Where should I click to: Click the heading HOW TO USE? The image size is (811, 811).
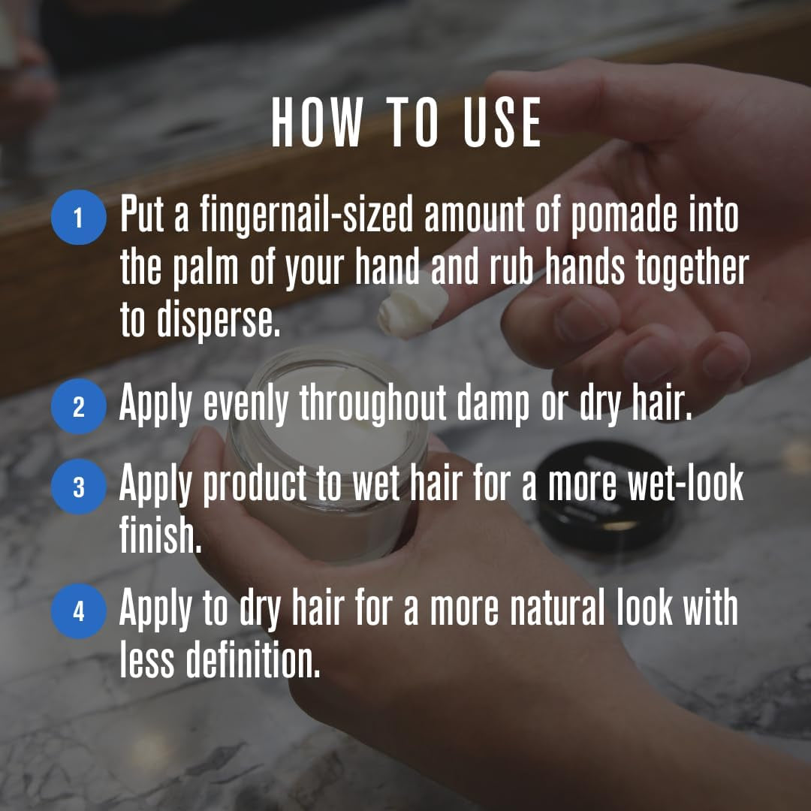(406, 122)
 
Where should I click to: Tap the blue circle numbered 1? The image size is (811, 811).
(79, 217)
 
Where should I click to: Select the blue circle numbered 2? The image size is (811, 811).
(79, 406)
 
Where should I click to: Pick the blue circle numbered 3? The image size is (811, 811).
(79, 487)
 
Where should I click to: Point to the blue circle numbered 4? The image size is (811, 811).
(79, 611)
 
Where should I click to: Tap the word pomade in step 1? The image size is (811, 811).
(624, 216)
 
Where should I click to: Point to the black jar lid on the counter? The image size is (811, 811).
(605, 496)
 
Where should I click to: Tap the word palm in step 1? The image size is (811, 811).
(205, 268)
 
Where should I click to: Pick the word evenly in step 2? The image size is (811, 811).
(245, 405)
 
